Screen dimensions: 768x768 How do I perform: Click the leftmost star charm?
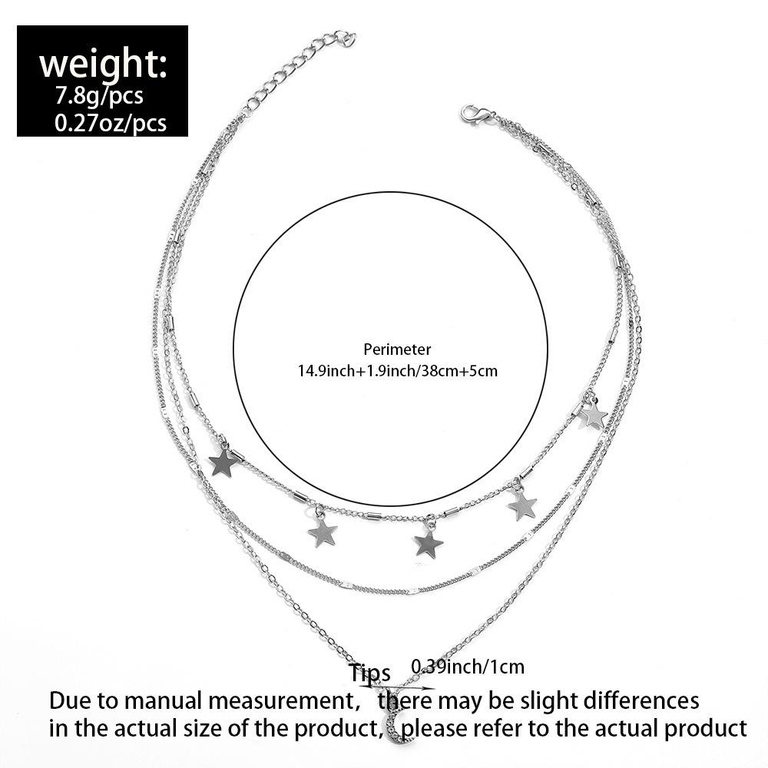(223, 462)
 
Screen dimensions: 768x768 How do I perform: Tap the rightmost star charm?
(593, 415)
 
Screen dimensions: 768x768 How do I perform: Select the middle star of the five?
(429, 545)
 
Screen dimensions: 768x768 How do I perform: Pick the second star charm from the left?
(323, 531)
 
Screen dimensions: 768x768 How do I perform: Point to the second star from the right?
(522, 505)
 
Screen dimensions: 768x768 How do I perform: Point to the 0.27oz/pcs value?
(111, 123)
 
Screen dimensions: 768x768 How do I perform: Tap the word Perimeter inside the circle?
(398, 349)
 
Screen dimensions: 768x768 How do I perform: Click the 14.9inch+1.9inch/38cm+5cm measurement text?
(398, 371)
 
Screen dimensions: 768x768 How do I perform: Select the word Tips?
(369, 673)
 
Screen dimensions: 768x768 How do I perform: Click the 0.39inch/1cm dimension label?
(468, 667)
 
